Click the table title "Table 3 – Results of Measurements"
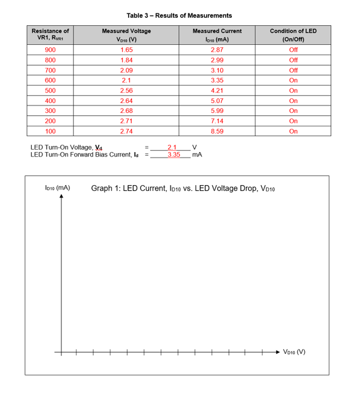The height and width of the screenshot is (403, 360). click(x=179, y=15)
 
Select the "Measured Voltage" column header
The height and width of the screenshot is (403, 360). click(x=127, y=31)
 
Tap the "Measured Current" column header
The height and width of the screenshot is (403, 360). click(x=217, y=31)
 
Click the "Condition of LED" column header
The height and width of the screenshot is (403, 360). click(x=293, y=31)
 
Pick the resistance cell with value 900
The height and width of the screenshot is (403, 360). click(x=50, y=50)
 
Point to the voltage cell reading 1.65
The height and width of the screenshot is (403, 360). click(x=127, y=50)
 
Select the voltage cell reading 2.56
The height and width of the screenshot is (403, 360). click(x=127, y=90)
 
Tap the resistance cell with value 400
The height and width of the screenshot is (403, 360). click(x=50, y=101)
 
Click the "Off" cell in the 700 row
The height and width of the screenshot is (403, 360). click(x=293, y=70)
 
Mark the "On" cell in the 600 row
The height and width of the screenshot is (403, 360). click(x=293, y=80)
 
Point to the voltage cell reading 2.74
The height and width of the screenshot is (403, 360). click(x=127, y=131)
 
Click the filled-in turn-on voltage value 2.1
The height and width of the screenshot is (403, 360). click(x=172, y=147)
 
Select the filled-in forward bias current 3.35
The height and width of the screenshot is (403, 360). click(x=174, y=155)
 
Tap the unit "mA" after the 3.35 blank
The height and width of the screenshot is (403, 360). click(x=197, y=155)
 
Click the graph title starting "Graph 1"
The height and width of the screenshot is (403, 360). click(x=183, y=188)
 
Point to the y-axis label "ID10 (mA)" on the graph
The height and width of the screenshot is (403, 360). click(x=58, y=188)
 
